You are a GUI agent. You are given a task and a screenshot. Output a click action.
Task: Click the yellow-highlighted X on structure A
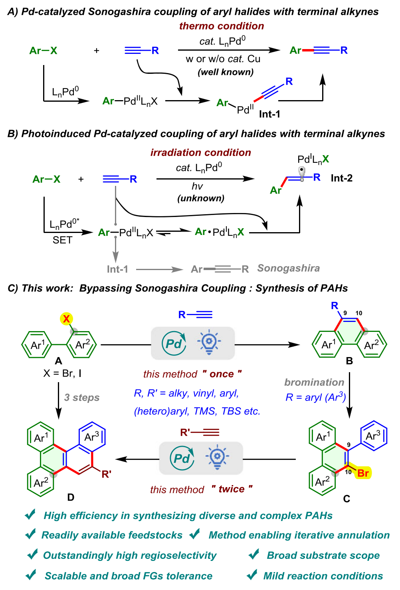66,319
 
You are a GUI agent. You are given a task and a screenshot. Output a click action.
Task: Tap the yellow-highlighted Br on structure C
363,473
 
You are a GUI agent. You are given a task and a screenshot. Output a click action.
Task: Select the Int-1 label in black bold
269,114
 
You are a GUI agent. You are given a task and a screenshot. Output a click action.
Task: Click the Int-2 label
341,178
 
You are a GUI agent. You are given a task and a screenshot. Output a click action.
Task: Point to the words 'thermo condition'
222,26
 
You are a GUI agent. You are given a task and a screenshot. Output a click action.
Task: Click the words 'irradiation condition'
200,152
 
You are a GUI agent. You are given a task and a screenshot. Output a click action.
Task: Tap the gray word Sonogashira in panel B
288,268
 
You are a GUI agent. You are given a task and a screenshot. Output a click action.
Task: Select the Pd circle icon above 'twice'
182,458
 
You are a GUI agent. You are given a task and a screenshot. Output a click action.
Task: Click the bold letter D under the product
71,497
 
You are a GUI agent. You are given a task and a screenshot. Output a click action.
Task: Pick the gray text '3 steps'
82,397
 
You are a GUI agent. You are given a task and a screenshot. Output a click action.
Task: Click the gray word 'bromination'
314,382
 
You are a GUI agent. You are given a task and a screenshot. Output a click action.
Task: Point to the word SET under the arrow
62,240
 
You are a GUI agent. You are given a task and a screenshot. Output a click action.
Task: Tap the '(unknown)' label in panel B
201,198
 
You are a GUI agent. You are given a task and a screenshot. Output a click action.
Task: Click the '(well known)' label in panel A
226,72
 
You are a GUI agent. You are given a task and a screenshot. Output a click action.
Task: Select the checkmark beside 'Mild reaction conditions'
252,575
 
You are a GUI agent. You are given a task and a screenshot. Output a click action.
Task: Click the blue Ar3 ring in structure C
373,436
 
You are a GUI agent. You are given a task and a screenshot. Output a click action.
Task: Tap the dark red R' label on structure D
106,474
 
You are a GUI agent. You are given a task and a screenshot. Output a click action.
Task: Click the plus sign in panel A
96,51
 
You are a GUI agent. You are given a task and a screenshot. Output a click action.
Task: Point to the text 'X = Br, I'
62,373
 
